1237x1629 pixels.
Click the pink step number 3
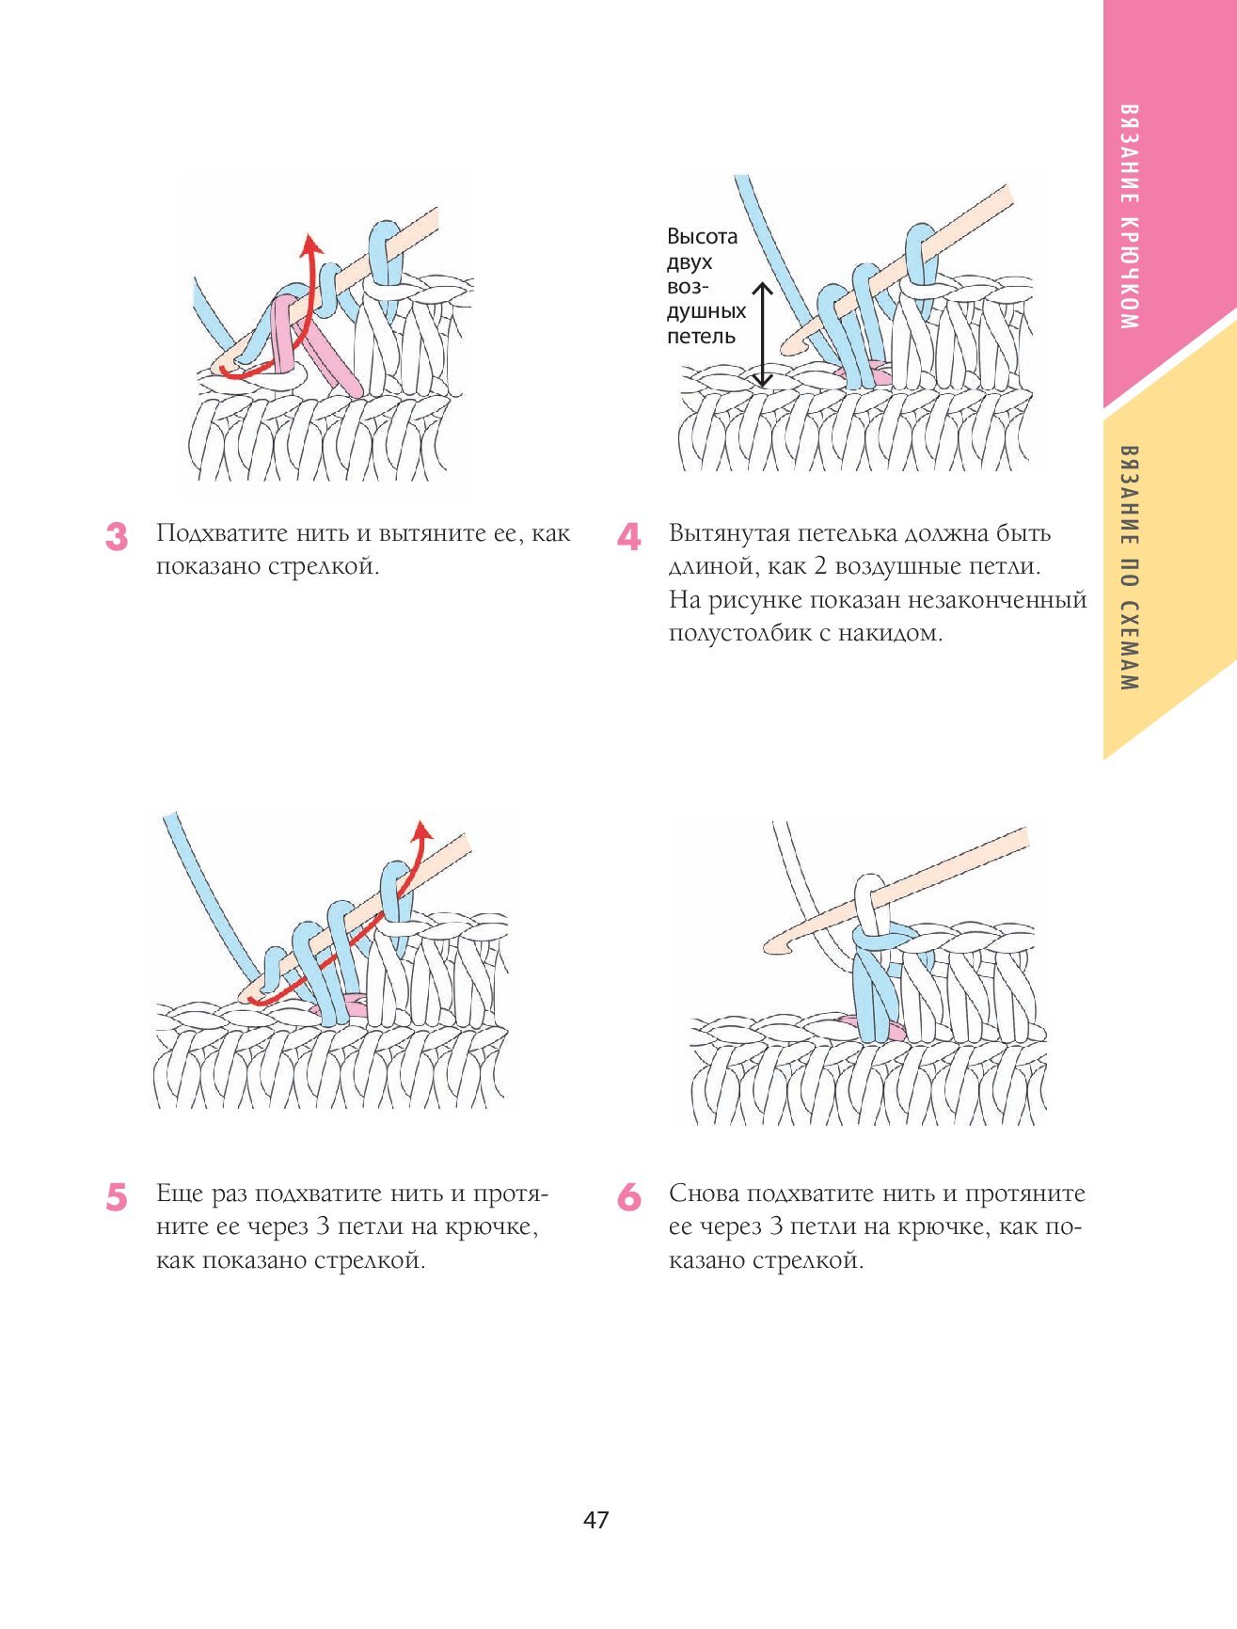(116, 536)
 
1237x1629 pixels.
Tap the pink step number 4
(628, 536)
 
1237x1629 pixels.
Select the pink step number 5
(116, 1197)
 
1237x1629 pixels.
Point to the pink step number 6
(628, 1197)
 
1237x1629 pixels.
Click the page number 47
(596, 1520)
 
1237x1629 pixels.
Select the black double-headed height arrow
(762, 335)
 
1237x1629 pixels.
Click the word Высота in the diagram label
(702, 236)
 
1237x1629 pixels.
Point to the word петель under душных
(701, 336)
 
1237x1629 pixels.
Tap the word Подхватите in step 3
(222, 533)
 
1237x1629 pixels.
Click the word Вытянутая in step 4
(729, 533)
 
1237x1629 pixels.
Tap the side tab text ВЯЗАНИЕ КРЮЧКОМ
(1130, 216)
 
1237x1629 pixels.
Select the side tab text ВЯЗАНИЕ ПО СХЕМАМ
(1130, 568)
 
